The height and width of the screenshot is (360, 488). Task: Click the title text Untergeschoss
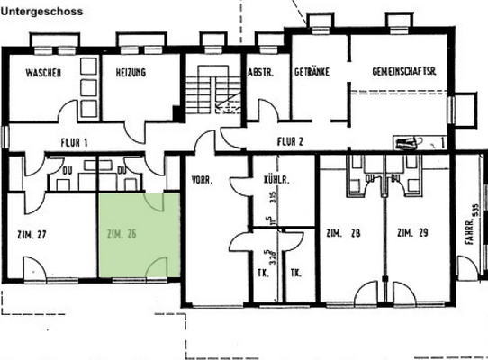(42, 12)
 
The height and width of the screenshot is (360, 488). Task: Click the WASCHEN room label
(42, 72)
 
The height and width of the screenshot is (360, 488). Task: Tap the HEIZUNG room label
(131, 72)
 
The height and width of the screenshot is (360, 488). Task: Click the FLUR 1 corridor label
(73, 141)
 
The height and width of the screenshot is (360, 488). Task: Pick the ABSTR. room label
(260, 71)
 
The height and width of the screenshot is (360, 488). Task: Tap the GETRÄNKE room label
(311, 71)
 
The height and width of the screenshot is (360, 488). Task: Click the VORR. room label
(202, 179)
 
